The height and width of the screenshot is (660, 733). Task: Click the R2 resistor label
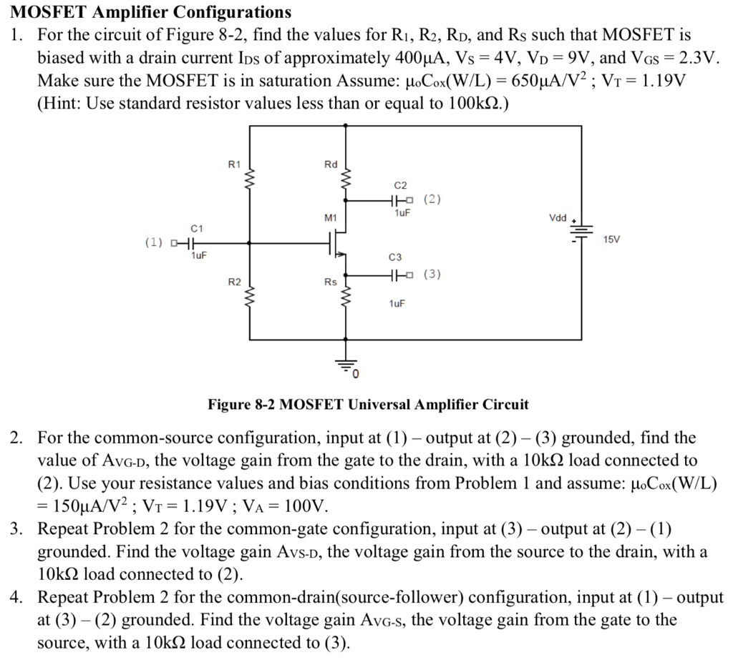(x=235, y=282)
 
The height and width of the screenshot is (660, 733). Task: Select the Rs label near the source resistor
(x=330, y=282)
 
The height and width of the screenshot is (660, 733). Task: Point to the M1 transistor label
(x=330, y=216)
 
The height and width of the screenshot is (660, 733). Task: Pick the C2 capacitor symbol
(x=395, y=200)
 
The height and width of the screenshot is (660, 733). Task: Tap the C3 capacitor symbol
(x=395, y=275)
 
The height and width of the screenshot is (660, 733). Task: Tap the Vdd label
(x=558, y=217)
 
